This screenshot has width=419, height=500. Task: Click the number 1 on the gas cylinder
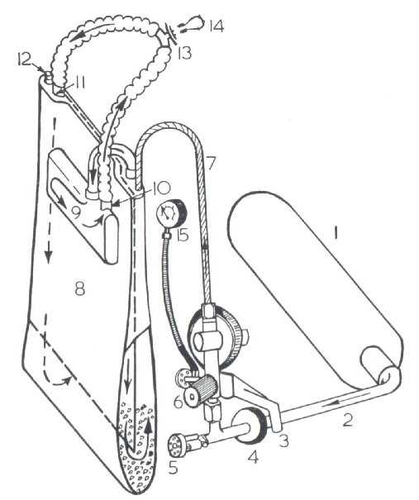tap(335, 234)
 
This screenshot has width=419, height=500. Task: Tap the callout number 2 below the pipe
tap(348, 421)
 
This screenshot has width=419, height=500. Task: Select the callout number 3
tap(283, 440)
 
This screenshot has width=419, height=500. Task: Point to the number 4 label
tap(254, 457)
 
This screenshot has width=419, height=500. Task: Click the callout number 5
tap(174, 468)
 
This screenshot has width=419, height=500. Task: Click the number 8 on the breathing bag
tap(79, 289)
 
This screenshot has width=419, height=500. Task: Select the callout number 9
tap(75, 214)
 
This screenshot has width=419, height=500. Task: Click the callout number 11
tap(77, 83)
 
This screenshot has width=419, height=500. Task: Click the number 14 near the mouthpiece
tap(213, 26)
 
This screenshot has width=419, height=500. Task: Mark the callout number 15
tap(180, 236)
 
